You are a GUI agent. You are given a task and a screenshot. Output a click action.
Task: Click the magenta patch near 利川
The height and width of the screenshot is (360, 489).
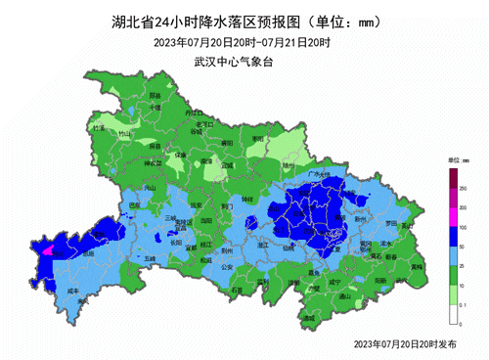(46, 248)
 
